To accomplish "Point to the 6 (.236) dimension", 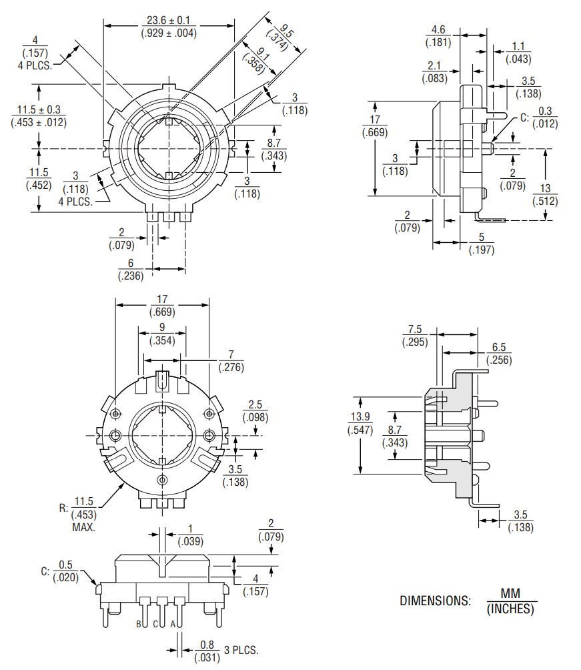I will click(x=130, y=270).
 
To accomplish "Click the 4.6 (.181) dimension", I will click(x=438, y=36).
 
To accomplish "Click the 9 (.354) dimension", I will click(x=161, y=334).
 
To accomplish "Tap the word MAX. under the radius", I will click(x=83, y=527).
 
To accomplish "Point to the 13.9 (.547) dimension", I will click(x=359, y=423).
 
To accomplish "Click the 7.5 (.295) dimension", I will click(x=414, y=335).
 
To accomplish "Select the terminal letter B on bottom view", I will click(x=139, y=624).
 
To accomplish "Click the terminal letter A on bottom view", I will click(x=173, y=624).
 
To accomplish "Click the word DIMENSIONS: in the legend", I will click(x=435, y=600).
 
